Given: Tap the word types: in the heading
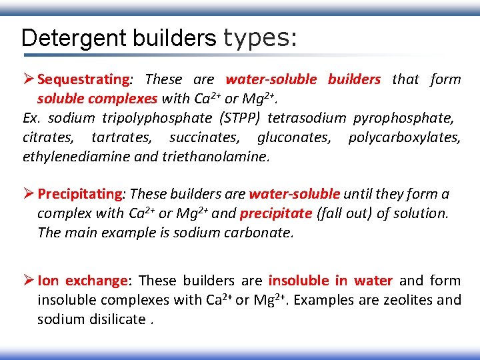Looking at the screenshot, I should [260, 38].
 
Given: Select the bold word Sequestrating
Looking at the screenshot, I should [84, 79].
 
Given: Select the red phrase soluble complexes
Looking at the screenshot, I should [97, 99].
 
